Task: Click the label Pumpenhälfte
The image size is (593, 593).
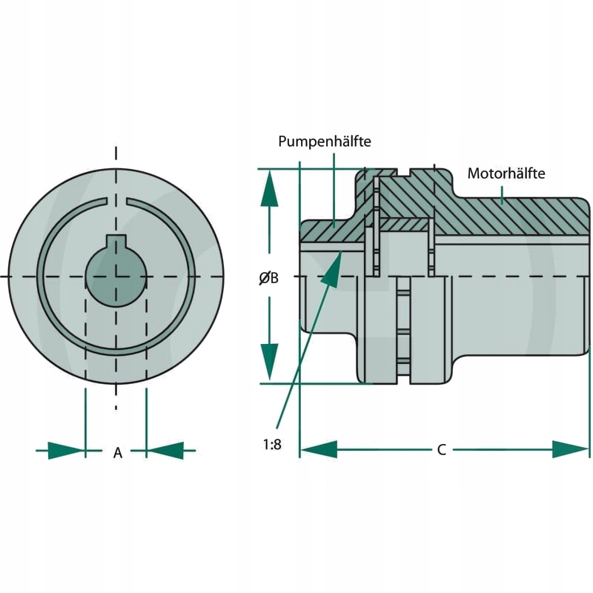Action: [x=325, y=141]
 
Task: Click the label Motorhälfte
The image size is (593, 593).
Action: [x=506, y=173]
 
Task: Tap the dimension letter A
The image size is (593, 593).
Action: [x=117, y=453]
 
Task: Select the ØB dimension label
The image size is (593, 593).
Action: [x=268, y=279]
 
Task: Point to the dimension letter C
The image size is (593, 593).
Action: [x=441, y=450]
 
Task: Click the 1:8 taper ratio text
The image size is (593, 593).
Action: [x=272, y=445]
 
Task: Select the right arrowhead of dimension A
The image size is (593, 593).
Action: [x=165, y=450]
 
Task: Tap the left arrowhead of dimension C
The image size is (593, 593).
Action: [x=319, y=449]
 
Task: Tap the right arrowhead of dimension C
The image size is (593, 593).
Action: [x=571, y=449]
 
